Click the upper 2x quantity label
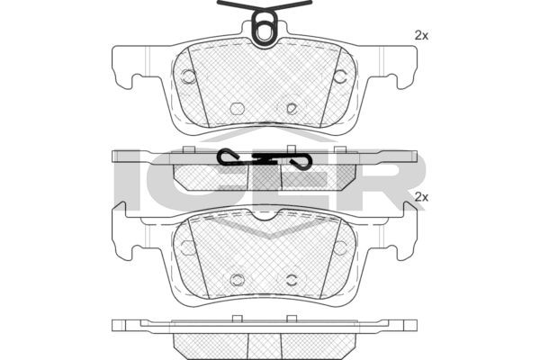coord(419,35)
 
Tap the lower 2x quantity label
coord(419,196)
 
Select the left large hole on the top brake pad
coord(189,76)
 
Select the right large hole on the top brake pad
coord(340,76)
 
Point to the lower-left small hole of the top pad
coord(238,108)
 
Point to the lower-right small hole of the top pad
coord(292,108)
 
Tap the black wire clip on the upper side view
coord(265,159)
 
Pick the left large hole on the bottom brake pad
coord(189,247)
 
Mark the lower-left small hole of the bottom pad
coord(238,278)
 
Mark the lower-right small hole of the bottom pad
coord(292,278)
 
